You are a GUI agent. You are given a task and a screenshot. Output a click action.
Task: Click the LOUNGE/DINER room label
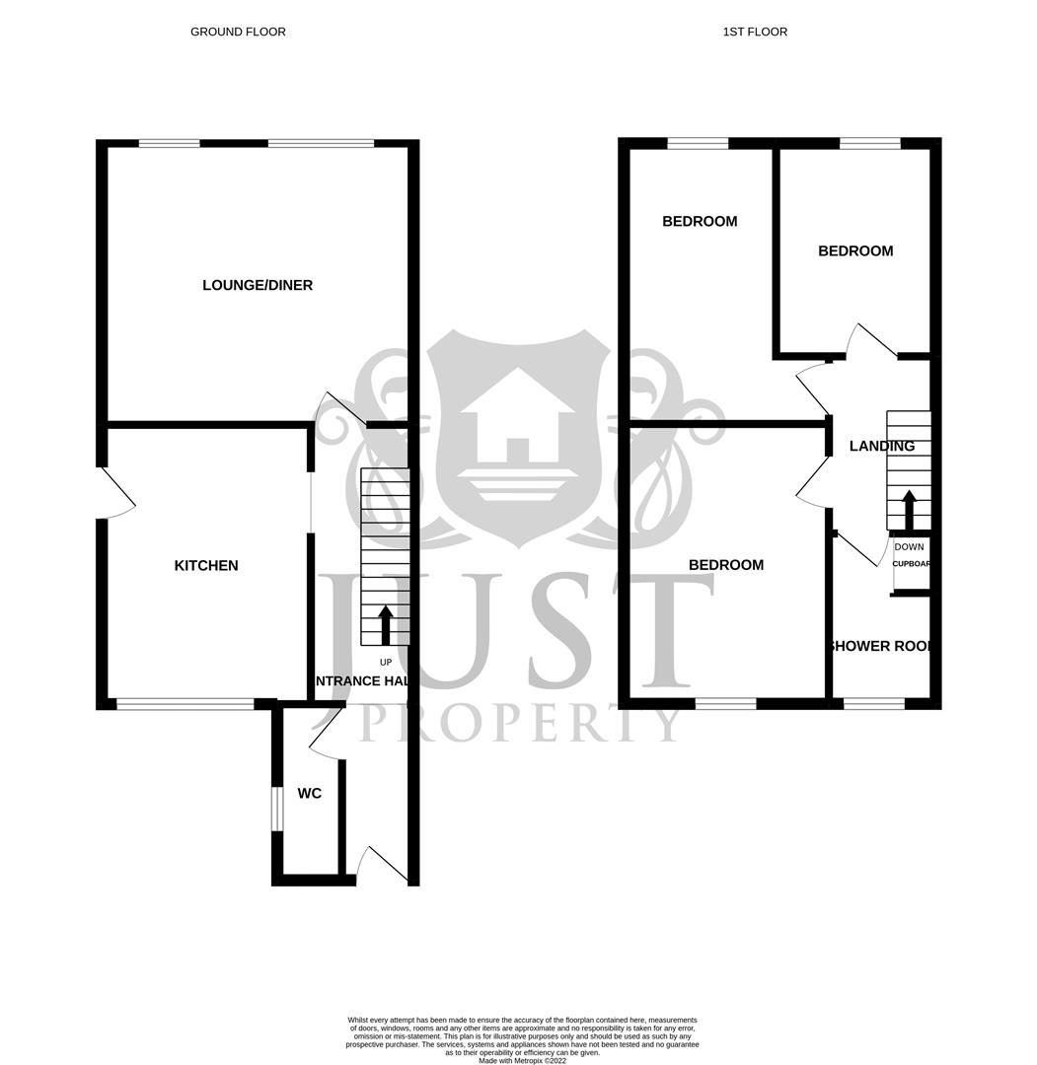tap(258, 285)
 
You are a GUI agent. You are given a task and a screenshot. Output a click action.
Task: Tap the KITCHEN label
tap(206, 565)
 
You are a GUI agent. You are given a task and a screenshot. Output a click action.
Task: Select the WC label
tap(310, 794)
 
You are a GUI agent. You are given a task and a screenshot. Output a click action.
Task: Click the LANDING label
tap(882, 446)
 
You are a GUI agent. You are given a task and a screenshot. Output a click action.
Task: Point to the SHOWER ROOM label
tap(881, 647)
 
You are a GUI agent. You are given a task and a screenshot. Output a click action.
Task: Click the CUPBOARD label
tap(912, 565)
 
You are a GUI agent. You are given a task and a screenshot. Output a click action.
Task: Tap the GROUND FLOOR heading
tap(238, 32)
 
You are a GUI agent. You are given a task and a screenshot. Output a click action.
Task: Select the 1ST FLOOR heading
tap(755, 32)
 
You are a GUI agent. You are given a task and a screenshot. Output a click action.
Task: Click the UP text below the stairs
tap(386, 662)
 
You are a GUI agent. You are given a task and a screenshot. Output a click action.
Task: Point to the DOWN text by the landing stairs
tap(910, 546)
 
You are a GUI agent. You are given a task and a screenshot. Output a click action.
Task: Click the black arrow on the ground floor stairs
tap(386, 624)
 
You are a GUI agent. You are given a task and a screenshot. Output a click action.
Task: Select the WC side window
tap(277, 810)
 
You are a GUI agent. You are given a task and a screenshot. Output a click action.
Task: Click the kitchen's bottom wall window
tap(185, 704)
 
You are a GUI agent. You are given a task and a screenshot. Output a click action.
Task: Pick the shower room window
tap(874, 704)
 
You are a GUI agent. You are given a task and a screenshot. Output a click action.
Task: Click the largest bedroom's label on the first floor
tap(726, 565)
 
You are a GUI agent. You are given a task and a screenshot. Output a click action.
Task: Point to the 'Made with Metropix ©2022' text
tap(523, 1060)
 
